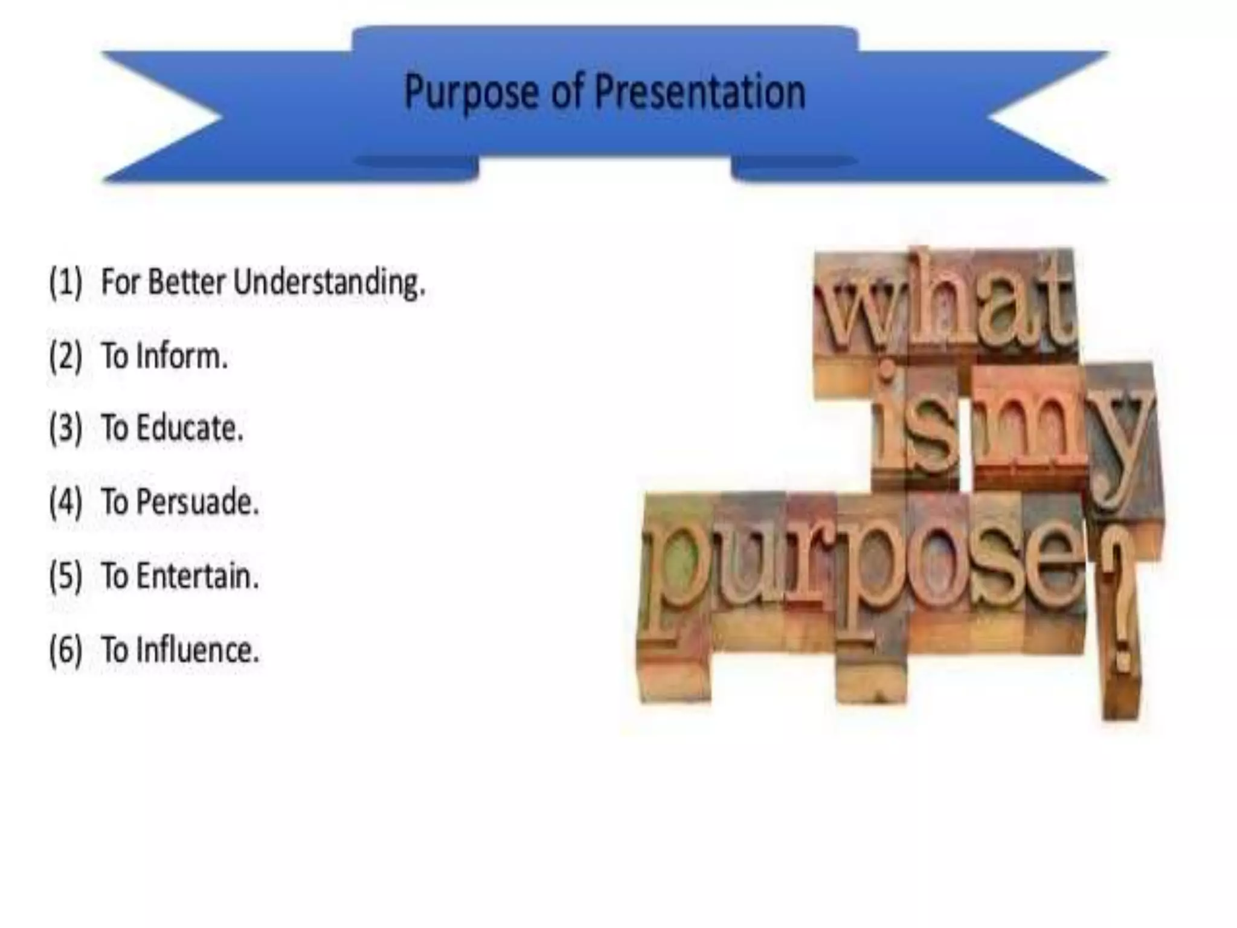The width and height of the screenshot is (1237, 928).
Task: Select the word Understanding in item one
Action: click(x=329, y=283)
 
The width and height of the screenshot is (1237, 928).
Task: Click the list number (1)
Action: click(x=65, y=283)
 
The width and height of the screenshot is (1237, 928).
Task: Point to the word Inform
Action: click(x=182, y=356)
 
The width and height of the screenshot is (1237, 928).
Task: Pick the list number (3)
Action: click(x=65, y=429)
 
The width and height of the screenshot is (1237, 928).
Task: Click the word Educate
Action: click(x=190, y=429)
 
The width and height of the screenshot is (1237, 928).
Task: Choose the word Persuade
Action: click(x=198, y=503)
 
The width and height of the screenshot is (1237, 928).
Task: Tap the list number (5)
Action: click(x=65, y=576)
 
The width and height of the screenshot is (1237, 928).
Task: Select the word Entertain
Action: click(x=198, y=576)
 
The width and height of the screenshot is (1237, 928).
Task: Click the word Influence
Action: click(x=198, y=650)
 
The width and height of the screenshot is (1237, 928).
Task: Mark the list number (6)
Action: click(x=65, y=650)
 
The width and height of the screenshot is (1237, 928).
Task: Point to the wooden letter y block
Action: click(x=1122, y=441)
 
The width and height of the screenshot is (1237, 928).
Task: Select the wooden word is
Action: click(x=915, y=426)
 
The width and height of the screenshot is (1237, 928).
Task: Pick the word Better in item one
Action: click(x=187, y=283)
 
